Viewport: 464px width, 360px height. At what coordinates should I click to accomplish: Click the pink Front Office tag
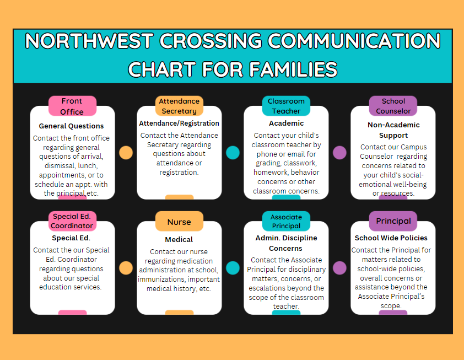click(x=72, y=106)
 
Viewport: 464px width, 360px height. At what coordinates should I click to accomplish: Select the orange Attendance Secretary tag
click(x=179, y=106)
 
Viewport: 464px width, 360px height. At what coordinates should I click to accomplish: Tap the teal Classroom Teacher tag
click(x=286, y=106)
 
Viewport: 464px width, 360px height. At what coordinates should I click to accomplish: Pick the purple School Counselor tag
click(x=393, y=106)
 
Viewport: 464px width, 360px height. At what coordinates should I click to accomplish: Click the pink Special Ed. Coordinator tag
click(x=72, y=221)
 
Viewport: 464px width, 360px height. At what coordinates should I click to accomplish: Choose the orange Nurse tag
click(x=179, y=222)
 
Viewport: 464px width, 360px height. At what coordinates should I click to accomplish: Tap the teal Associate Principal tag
click(x=286, y=221)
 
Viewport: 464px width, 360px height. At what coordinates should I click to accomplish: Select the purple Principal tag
click(x=393, y=221)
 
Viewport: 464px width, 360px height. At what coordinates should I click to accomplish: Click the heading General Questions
click(x=72, y=126)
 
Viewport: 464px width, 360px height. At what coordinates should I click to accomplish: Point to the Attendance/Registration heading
click(x=179, y=123)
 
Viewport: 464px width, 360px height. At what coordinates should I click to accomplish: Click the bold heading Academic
click(x=286, y=123)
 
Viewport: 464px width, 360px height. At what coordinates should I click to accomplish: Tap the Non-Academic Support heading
click(x=393, y=130)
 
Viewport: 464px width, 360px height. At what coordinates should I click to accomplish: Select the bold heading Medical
click(x=179, y=240)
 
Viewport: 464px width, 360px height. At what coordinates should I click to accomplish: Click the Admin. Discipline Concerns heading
click(x=286, y=243)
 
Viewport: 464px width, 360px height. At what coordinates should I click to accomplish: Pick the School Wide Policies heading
click(x=391, y=238)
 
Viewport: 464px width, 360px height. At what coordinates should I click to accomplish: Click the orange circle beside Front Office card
click(x=126, y=153)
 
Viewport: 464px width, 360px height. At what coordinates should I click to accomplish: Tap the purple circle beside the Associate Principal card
click(x=339, y=268)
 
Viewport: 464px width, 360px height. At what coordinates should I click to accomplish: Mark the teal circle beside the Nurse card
click(x=233, y=268)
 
